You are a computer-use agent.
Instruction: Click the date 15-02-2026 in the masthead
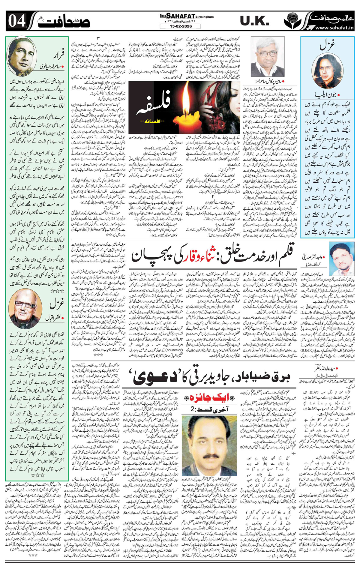click(180, 26)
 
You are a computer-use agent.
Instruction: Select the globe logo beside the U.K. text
click(291, 21)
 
